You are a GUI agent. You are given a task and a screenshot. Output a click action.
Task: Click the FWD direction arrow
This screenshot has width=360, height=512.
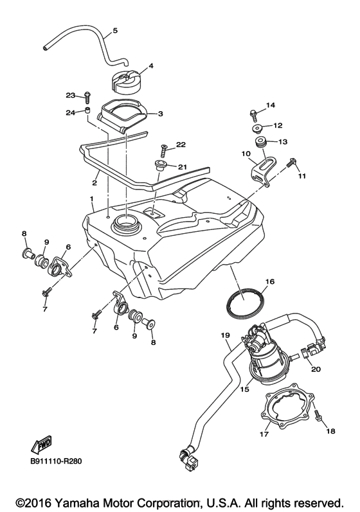[41, 445]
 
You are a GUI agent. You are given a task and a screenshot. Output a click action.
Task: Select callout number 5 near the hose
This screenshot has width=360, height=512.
[115, 31]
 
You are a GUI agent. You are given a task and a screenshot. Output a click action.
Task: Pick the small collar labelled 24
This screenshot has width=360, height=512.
[87, 110]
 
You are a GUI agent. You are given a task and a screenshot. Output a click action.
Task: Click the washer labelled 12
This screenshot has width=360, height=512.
[258, 128]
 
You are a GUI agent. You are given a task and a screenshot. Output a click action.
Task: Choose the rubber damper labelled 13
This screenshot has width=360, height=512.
[261, 143]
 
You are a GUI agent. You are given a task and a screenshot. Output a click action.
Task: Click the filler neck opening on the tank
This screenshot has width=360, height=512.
[125, 225]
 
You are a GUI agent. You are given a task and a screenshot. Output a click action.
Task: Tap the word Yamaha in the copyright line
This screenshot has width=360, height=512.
[76, 502]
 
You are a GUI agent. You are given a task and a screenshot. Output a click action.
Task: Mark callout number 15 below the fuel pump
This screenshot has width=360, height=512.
[245, 389]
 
